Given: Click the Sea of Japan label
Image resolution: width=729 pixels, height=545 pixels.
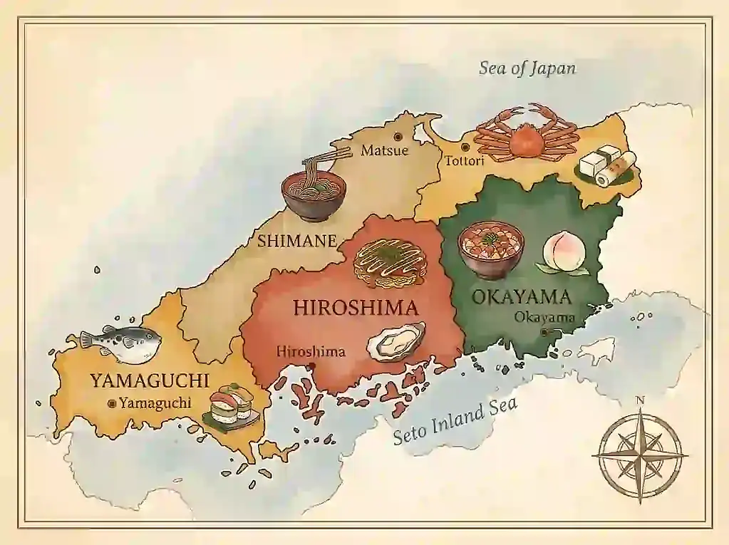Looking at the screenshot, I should (x=527, y=68).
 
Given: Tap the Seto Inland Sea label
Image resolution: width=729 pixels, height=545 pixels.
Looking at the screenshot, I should (x=456, y=422).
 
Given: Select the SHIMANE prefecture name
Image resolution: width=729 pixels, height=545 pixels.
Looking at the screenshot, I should (x=296, y=241).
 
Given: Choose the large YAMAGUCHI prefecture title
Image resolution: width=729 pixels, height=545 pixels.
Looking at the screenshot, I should (x=149, y=380).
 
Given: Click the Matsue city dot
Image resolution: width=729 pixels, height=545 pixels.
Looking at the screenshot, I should (x=398, y=136).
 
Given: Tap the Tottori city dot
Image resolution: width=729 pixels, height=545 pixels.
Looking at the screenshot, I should (x=465, y=147).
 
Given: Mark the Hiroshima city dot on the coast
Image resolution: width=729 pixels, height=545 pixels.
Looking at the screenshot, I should (x=311, y=366).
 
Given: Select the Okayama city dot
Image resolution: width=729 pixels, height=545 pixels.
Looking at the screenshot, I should (x=544, y=332).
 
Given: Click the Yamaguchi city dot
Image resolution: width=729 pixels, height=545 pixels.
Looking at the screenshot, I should (x=111, y=403).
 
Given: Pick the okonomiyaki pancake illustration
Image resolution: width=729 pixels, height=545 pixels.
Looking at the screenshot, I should (x=389, y=262).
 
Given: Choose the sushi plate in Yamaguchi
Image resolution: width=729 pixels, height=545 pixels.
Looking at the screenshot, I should (x=229, y=408).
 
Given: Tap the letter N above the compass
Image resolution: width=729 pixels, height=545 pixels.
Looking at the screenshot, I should (x=639, y=400).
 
